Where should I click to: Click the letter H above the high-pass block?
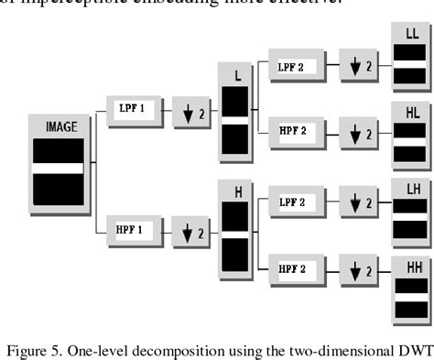point(237,192)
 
